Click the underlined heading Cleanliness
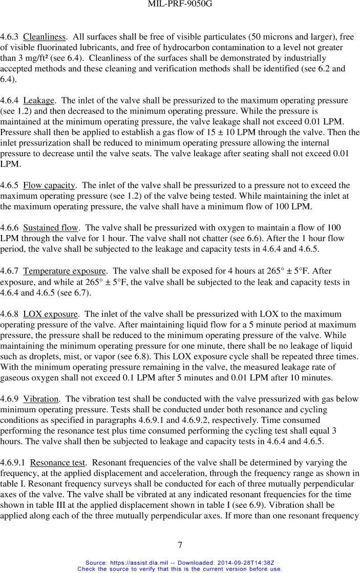pos(45,37)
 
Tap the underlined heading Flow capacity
pos(50,185)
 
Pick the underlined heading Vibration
pos(41,398)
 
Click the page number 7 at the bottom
pos(180,544)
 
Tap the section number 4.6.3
pos(10,37)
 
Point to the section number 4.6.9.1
pos(13,463)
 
